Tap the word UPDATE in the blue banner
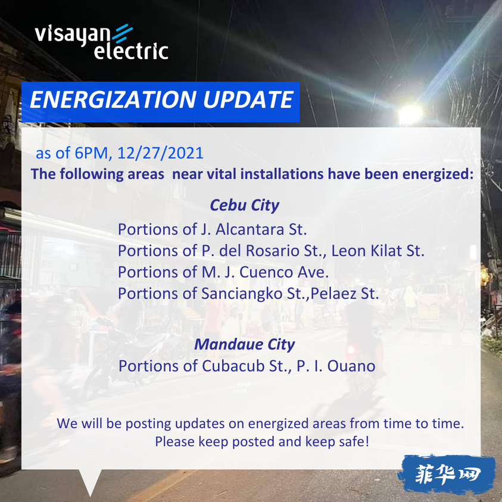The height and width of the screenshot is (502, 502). (x=248, y=99)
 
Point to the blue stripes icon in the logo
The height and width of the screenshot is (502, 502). (x=122, y=33)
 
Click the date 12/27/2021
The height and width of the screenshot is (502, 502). (x=160, y=153)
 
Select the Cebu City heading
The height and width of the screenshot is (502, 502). (x=245, y=205)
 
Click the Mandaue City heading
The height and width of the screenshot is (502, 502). (x=245, y=344)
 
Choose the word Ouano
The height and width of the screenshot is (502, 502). (x=351, y=366)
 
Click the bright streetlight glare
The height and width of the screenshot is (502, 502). (x=410, y=114)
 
